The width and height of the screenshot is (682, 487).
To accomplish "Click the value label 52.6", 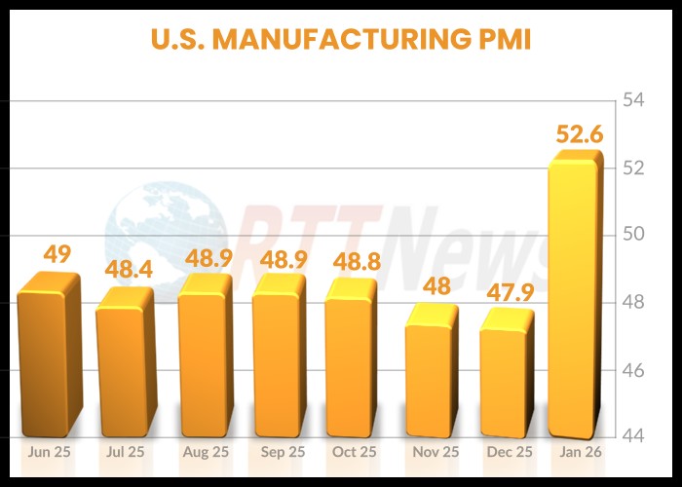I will (579, 134).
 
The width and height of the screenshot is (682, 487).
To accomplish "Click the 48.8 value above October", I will (355, 261).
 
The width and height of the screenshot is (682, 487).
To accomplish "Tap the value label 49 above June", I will (57, 254).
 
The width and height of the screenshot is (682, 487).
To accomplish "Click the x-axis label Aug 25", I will (205, 453).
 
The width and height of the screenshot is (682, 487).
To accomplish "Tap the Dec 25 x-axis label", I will (509, 453).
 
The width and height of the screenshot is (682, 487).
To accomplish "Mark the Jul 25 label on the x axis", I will (127, 453).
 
